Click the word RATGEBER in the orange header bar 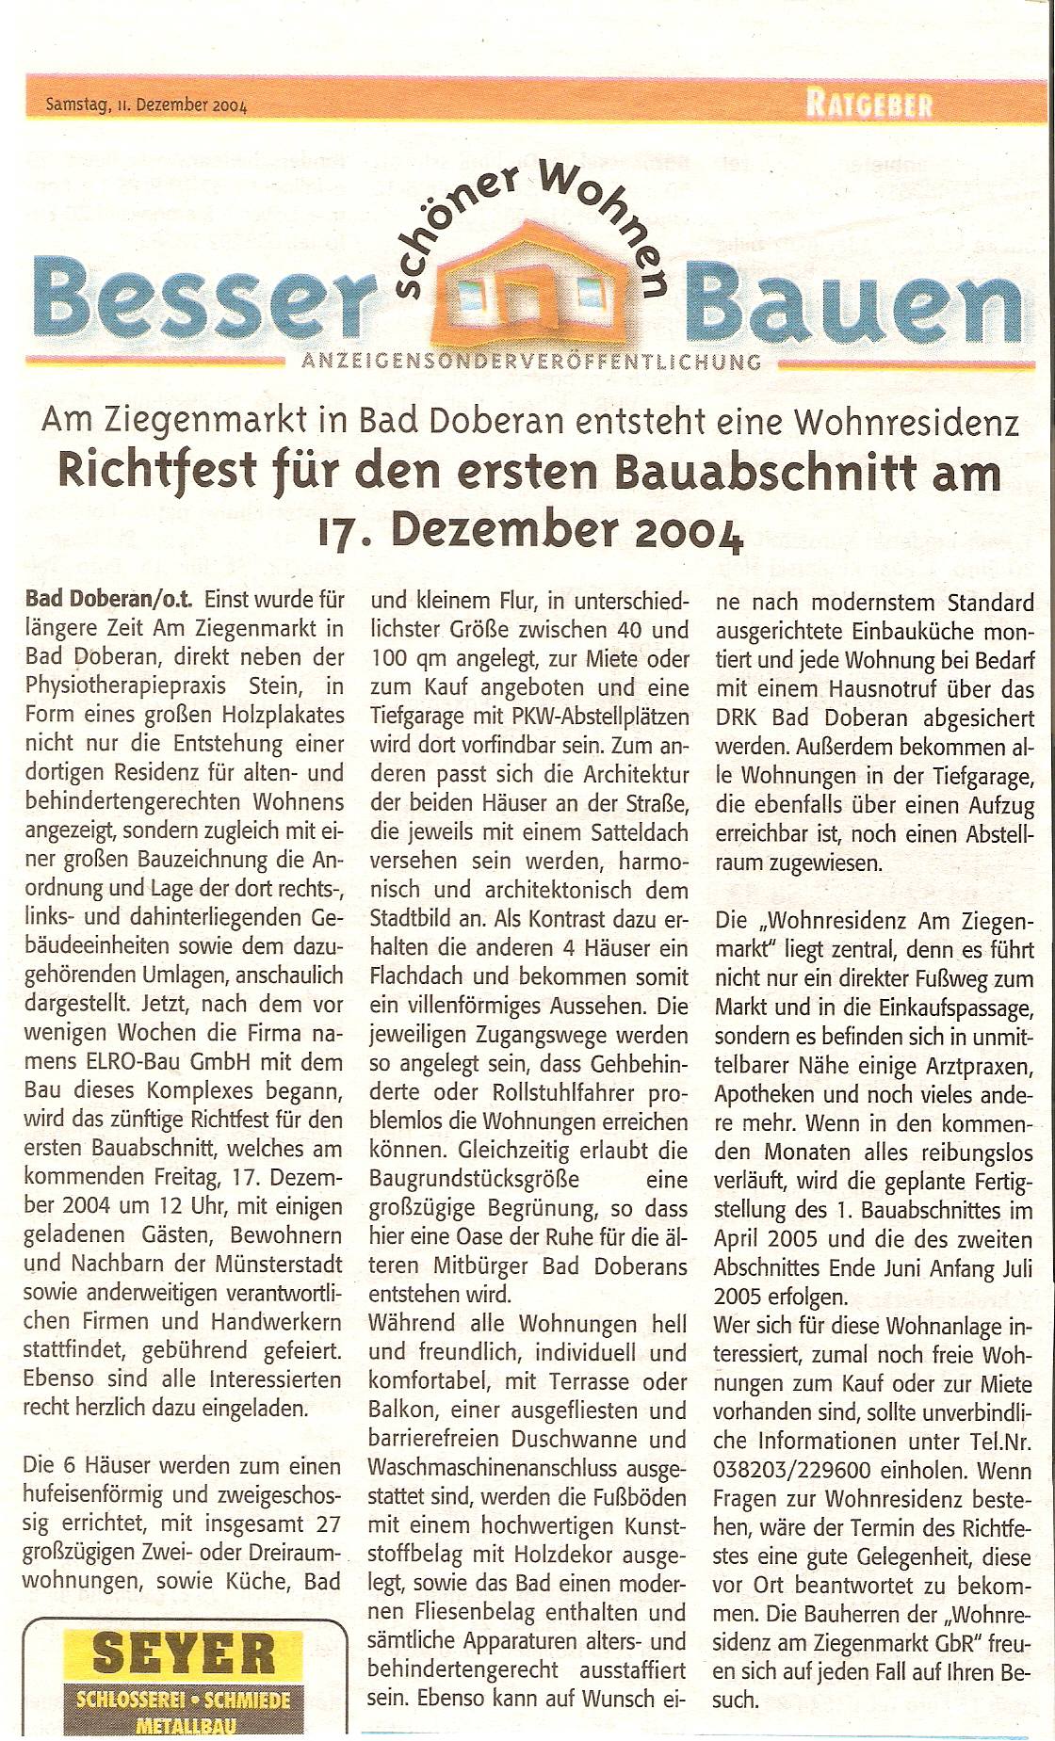[868, 105]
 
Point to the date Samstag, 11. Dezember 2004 [146, 105]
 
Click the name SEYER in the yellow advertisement [184, 1654]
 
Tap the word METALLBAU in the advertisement [184, 1725]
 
